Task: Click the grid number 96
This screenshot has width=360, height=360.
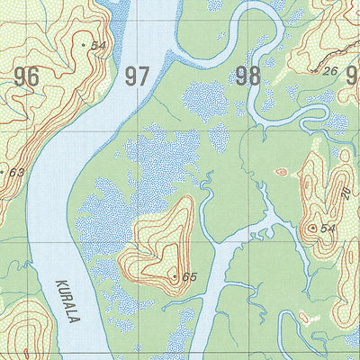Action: click(27, 76)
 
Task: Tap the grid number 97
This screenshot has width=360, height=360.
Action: click(137, 76)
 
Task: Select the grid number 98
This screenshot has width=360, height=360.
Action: click(247, 76)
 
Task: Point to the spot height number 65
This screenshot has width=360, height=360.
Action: click(189, 277)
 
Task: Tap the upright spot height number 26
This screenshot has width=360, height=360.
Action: click(330, 71)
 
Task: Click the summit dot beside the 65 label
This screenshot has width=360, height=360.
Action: click(175, 276)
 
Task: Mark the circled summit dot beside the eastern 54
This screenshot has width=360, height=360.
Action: click(312, 229)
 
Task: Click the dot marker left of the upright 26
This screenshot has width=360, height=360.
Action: click(318, 70)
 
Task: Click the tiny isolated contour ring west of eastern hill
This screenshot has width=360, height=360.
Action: click(281, 171)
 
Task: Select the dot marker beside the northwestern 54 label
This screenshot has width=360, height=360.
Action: click(85, 44)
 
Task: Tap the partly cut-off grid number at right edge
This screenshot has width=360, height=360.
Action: click(353, 76)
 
